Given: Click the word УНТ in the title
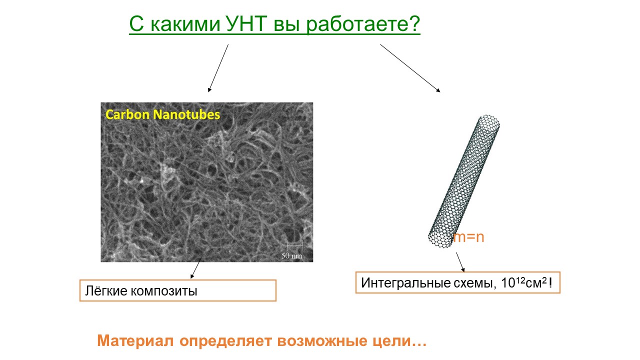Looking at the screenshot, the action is tap(246, 23).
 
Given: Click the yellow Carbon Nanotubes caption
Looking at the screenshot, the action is tap(162, 114).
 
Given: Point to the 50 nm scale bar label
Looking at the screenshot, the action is tap(291, 255).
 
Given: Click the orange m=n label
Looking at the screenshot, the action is tap(469, 237).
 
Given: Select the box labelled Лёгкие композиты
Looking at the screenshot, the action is tap(177, 290).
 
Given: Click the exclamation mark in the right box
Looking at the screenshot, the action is tap(550, 282).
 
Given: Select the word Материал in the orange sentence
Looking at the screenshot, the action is tap(135, 340).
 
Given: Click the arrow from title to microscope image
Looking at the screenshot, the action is tap(218, 68).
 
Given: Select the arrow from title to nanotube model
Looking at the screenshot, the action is tap(410, 68).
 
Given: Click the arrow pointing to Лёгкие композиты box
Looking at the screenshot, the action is tap(196, 268).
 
